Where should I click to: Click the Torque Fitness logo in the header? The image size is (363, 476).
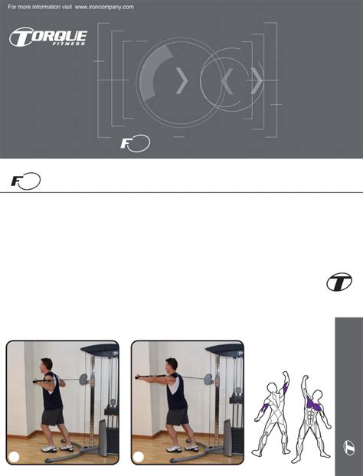point(47,37)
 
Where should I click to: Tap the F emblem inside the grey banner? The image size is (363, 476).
point(135,143)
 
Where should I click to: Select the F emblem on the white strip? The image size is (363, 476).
point(25,181)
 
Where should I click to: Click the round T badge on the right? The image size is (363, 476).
point(338,282)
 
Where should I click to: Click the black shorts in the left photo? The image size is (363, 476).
point(52,416)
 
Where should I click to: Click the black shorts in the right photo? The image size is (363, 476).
point(178,416)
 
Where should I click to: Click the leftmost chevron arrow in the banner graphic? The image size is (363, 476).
point(181,80)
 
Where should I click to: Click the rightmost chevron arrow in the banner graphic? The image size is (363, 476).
point(257,79)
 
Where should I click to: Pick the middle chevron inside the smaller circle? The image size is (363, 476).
point(227,79)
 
